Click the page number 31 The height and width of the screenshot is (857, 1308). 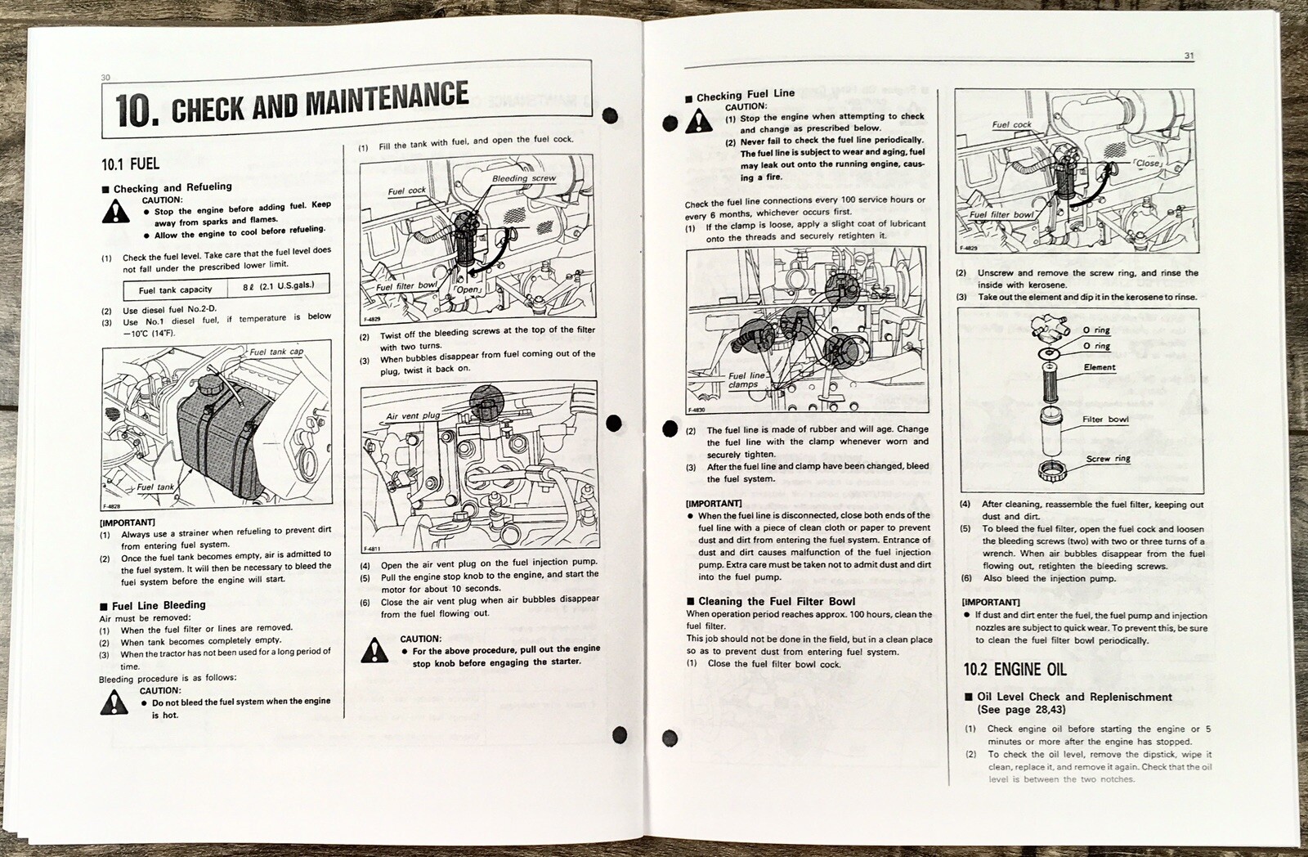[x=1189, y=56]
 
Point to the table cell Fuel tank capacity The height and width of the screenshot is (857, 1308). [x=175, y=289]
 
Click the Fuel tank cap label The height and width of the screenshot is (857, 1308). [x=276, y=352]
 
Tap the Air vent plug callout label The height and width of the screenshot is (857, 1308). [x=413, y=415]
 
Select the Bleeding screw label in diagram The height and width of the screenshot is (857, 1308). [x=523, y=178]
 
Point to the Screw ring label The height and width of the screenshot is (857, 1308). [x=1108, y=459]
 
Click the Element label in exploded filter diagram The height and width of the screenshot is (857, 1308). [x=1100, y=367]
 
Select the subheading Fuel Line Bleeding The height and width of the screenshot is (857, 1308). [x=158, y=605]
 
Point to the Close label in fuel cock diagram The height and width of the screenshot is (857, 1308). [x=1148, y=163]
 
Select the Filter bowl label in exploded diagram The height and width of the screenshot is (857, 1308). [x=1105, y=420]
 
